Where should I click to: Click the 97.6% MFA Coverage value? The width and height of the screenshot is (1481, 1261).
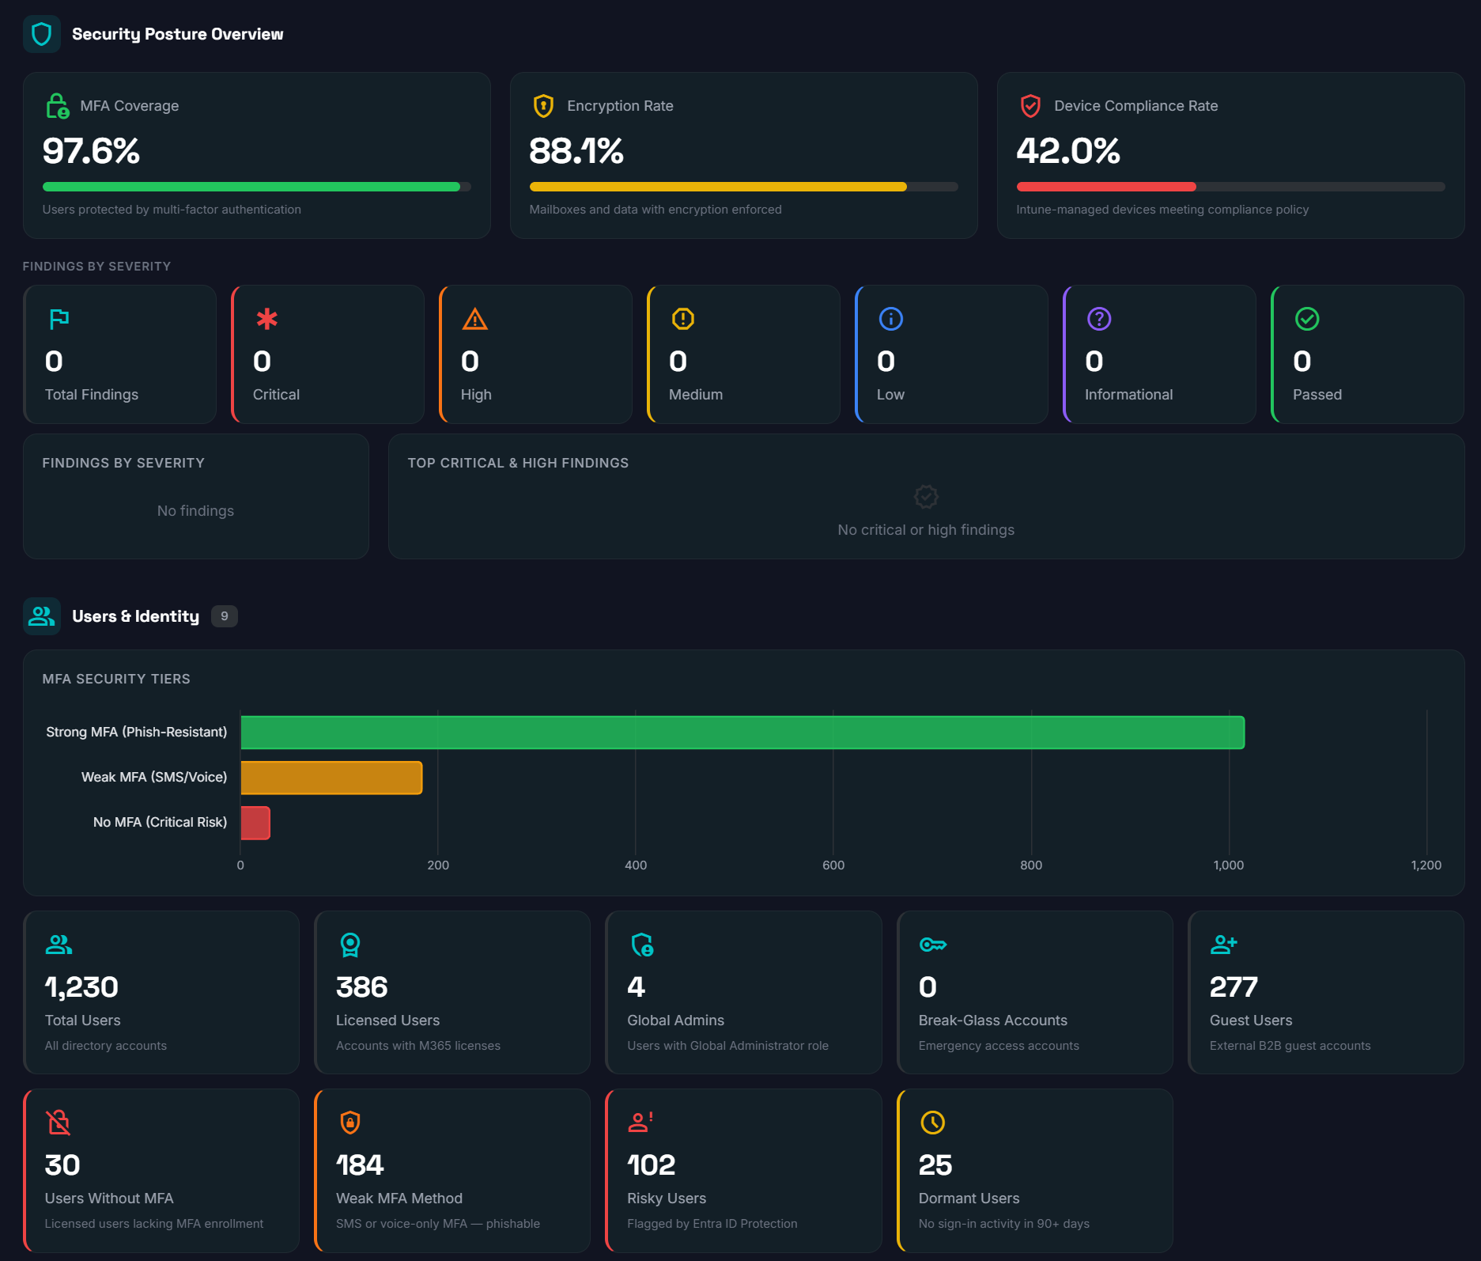91,151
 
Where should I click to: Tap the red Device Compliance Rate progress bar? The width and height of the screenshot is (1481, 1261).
1105,187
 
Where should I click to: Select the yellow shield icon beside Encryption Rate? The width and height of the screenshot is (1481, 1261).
543,106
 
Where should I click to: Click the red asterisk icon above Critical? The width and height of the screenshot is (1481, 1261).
266,319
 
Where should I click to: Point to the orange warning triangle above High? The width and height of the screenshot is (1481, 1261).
474,319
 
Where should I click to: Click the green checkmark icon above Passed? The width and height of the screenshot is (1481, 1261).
1307,319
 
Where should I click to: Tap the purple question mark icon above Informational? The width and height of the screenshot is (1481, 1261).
1099,319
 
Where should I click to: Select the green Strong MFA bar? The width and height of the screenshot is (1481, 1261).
742,733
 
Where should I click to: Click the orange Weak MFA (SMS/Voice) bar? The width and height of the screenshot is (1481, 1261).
331,778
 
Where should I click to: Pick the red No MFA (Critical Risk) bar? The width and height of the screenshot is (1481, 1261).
255,823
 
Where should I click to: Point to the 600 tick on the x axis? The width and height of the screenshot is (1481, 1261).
833,865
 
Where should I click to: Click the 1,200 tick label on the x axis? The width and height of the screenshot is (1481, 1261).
1426,865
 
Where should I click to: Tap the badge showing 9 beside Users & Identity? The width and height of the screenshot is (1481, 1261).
225,616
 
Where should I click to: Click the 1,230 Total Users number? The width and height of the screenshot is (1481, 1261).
81,987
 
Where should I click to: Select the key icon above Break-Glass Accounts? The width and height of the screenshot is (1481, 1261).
932,945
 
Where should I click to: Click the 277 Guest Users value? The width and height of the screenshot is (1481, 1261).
1233,987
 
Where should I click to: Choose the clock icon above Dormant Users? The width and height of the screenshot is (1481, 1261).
932,1123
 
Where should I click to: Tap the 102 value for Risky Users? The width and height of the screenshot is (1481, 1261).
651,1165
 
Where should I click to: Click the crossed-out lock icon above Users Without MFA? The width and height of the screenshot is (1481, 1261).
59,1123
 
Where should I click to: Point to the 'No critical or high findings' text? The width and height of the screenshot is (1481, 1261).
925,530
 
